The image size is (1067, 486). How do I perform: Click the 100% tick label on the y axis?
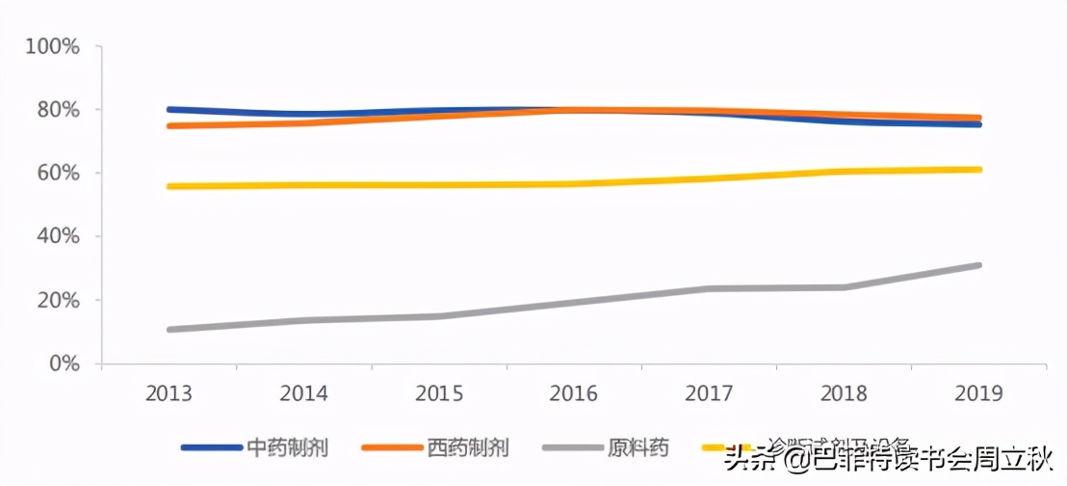(53, 46)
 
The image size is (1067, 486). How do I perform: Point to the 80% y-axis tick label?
(58, 110)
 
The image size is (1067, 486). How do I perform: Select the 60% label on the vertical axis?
(58, 174)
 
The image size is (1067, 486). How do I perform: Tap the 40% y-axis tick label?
(58, 236)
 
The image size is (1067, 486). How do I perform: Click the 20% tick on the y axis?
(58, 300)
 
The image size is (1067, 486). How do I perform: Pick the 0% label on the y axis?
(64, 364)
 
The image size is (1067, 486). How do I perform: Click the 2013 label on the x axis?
(169, 393)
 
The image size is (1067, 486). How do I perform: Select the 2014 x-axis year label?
(304, 393)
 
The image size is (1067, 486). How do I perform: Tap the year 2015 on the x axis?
(439, 393)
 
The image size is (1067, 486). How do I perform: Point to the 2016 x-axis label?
(574, 393)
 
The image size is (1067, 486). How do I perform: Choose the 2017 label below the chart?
(709, 393)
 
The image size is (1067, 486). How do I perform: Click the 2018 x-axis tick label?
(844, 393)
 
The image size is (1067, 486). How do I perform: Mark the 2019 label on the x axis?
(978, 393)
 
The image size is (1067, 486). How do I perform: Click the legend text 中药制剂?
(288, 447)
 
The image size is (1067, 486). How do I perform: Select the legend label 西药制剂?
(468, 447)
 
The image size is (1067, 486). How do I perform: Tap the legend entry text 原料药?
(638, 447)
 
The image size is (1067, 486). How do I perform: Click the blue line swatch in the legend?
(211, 447)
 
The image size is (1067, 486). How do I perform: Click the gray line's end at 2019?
(978, 265)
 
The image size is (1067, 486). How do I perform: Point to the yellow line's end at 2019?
(978, 170)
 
